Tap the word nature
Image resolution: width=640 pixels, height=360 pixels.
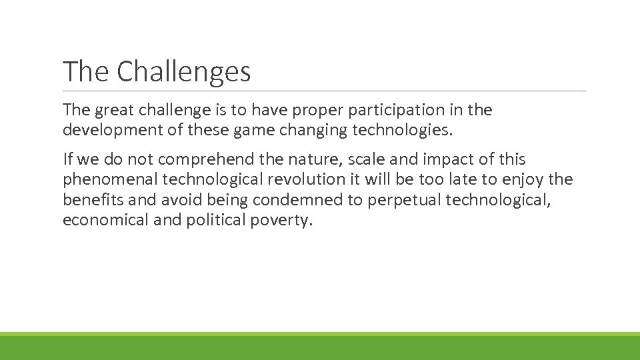317,160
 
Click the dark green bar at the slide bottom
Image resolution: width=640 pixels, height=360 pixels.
320,349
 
